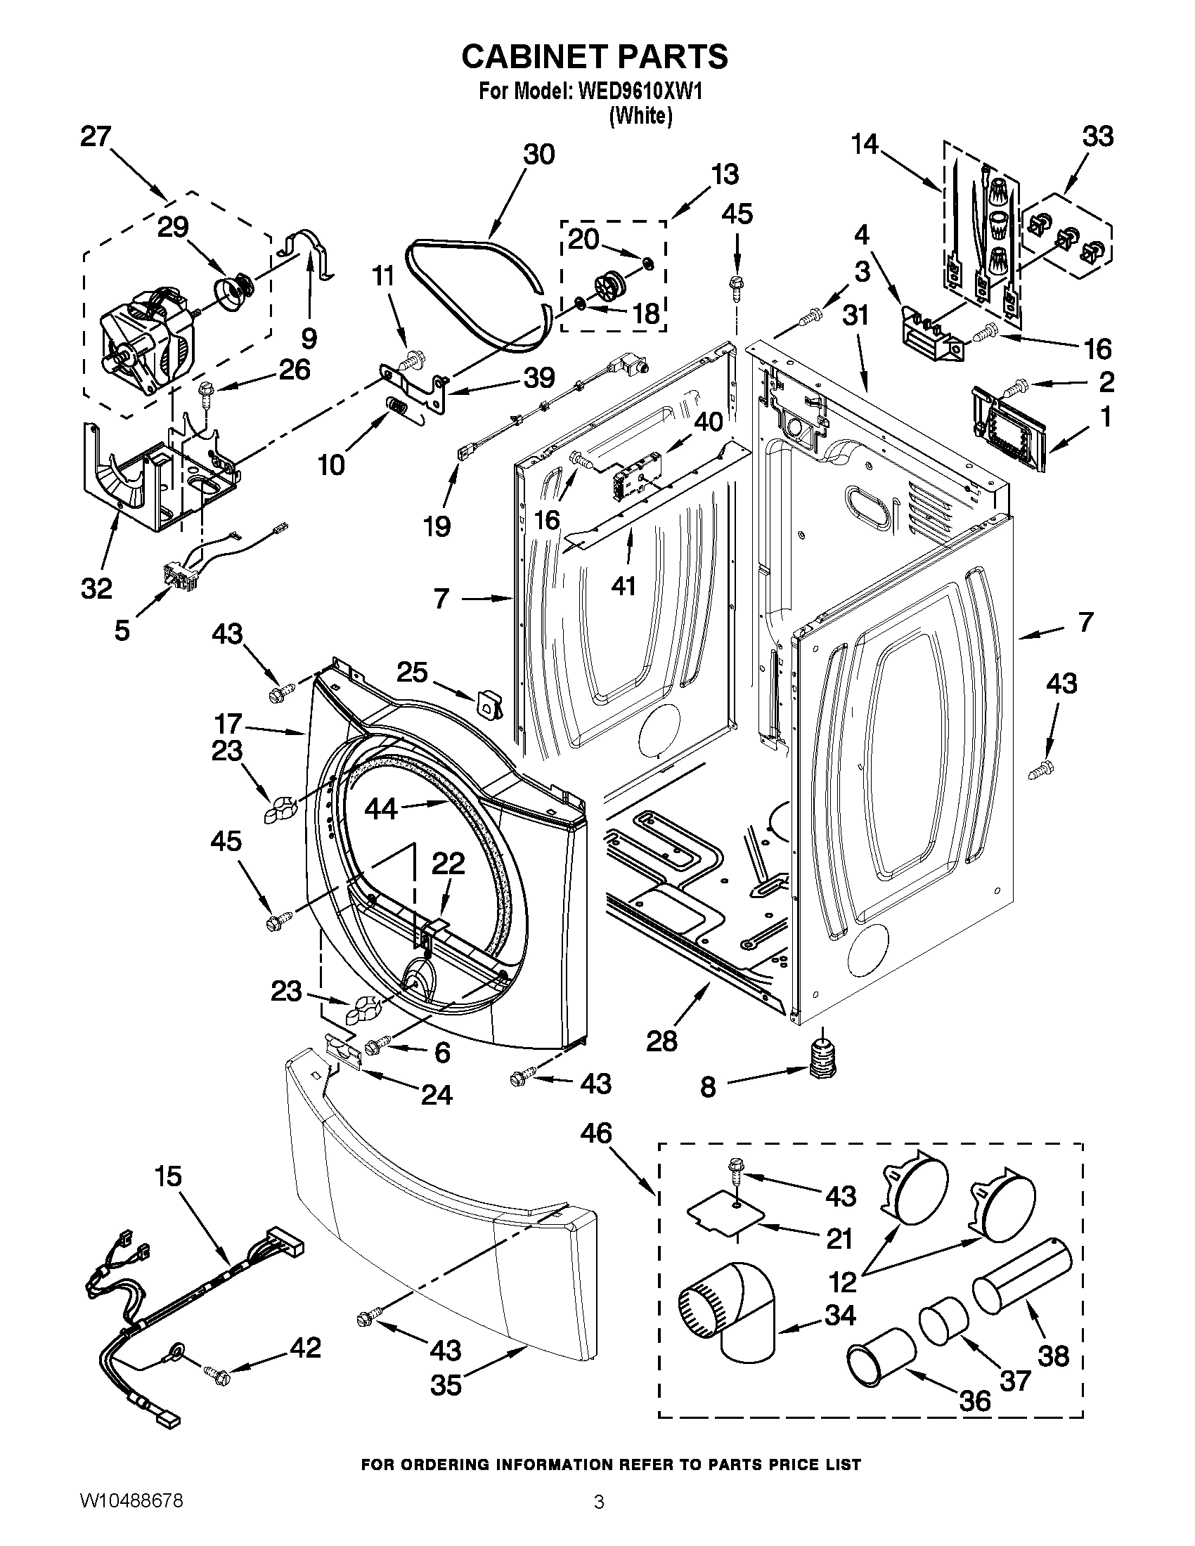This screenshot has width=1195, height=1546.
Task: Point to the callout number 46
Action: coord(596,1133)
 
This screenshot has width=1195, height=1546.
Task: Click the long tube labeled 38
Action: coord(1021,1278)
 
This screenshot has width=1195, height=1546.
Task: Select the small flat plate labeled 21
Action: coord(727,1216)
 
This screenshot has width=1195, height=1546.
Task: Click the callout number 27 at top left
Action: coord(96,136)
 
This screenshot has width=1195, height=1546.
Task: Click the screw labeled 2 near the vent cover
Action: coord(1014,387)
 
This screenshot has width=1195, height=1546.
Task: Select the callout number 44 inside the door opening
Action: coord(380,808)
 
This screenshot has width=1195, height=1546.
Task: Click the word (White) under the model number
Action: coord(640,115)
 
